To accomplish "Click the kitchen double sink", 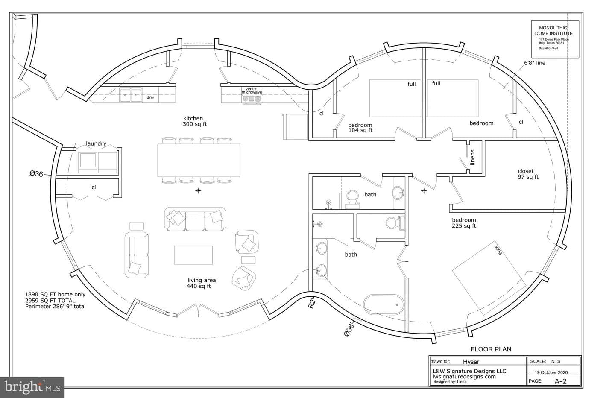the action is [130, 95].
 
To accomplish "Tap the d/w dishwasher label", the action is [150, 97].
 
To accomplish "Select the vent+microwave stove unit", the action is [252, 95].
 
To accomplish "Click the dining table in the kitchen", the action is [199, 160].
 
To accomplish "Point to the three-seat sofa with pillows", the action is [195, 219].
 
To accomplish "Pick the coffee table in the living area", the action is [193, 255].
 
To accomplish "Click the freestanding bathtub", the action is [384, 304].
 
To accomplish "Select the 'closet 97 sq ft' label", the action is [528, 174].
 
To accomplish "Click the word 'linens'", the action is [472, 157].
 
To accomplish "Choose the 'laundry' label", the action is [96, 143].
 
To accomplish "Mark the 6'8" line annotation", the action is [535, 63].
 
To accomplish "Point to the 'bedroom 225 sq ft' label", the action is [464, 223].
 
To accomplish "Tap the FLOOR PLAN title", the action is [491, 349].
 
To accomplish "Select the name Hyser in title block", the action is [471, 362].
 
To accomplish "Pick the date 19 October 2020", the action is [551, 372].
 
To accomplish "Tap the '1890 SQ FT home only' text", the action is [55, 295].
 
